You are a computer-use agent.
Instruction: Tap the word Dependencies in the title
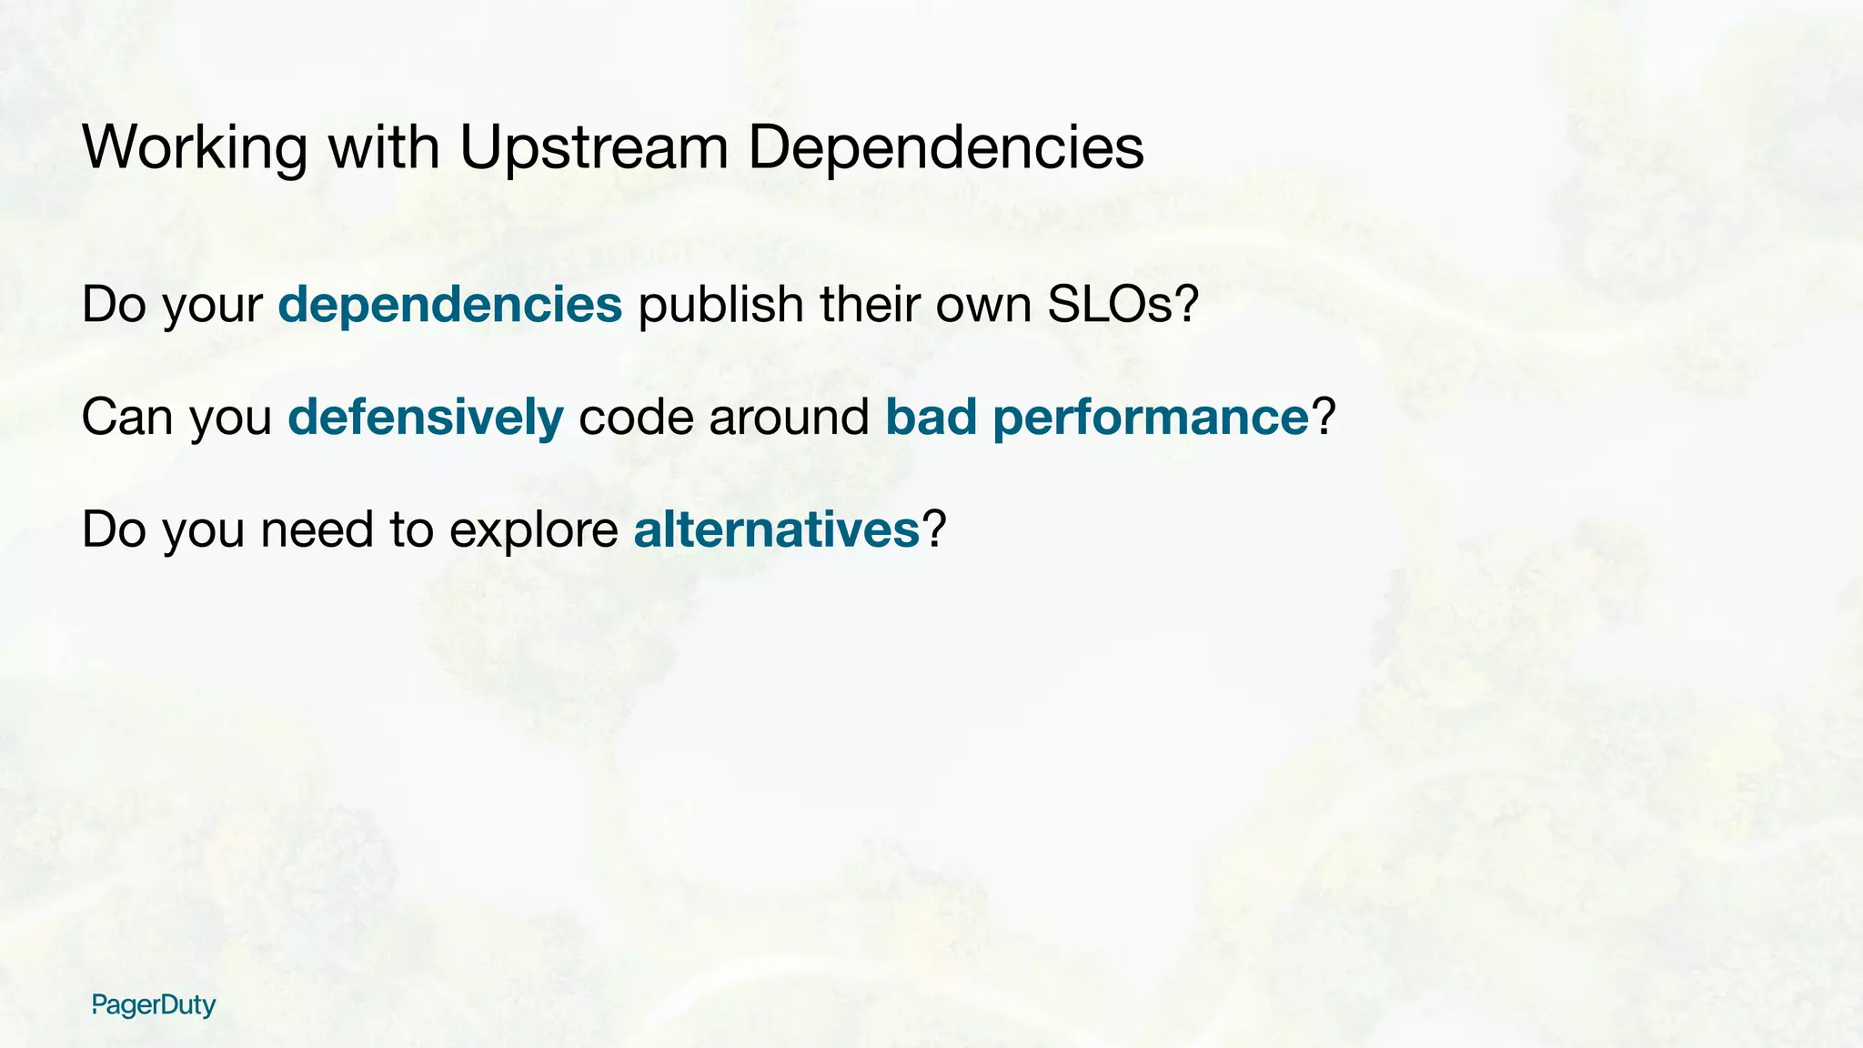[945, 147]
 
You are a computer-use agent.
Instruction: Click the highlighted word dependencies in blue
[449, 305]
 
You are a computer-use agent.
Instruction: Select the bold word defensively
[425, 418]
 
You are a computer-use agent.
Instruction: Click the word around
[789, 418]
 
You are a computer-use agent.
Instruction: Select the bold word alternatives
[776, 529]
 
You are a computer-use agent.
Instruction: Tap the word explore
[533, 531]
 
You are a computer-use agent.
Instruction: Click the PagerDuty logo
[154, 1005]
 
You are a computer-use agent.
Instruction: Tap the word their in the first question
[870, 305]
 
